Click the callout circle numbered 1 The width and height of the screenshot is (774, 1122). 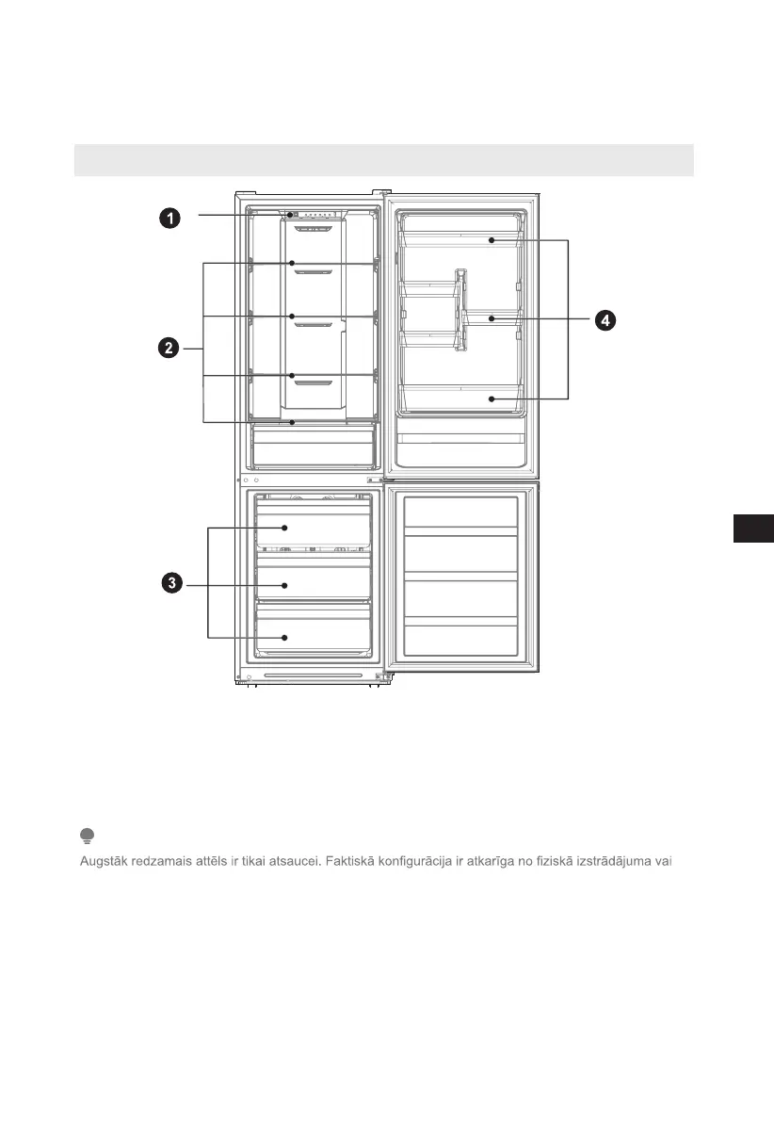coord(169,219)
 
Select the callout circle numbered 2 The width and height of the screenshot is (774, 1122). coord(169,349)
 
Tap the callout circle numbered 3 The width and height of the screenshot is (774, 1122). coord(170,584)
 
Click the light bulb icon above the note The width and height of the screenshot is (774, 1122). coord(87,836)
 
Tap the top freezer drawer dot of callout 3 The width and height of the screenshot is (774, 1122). coord(284,528)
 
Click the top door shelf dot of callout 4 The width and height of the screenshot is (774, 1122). coord(492,241)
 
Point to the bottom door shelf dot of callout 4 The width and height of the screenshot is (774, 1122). coord(492,399)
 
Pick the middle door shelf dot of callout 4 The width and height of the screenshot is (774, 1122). coord(492,319)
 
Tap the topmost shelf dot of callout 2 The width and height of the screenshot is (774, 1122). coord(293,264)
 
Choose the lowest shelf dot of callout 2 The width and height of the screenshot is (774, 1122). coord(293,422)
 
